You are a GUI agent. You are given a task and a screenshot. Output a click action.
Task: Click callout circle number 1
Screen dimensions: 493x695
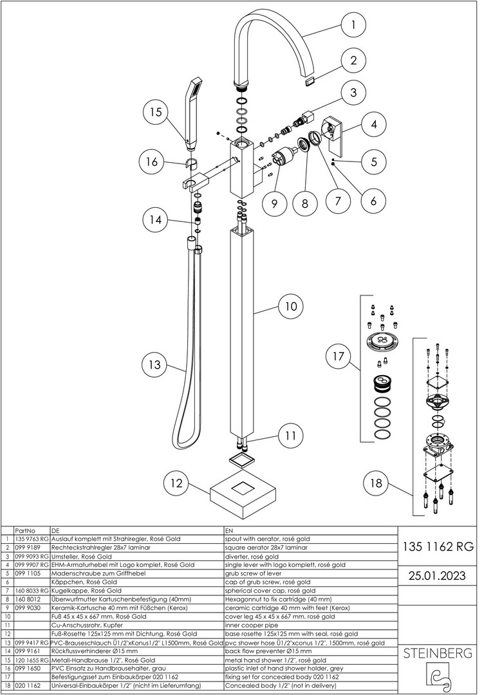tap(353, 24)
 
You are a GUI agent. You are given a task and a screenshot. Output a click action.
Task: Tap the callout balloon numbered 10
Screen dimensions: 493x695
tap(291, 306)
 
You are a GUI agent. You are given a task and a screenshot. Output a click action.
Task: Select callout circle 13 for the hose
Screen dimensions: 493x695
tap(154, 366)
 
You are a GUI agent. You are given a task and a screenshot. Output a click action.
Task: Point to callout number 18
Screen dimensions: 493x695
tap(376, 483)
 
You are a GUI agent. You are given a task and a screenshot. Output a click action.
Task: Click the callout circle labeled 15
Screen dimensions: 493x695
tap(156, 112)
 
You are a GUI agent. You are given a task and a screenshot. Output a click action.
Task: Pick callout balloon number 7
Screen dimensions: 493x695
tap(338, 201)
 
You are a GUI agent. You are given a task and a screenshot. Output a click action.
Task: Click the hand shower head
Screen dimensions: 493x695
tap(192, 113)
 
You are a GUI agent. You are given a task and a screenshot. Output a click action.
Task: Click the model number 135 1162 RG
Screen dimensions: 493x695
tap(438, 546)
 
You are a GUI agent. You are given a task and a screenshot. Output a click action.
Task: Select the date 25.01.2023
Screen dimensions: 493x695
tap(438, 576)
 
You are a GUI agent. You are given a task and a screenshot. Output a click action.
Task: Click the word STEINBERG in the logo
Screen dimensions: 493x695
tap(438, 653)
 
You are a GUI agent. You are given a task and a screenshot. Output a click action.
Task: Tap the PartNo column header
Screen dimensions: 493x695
tap(25, 530)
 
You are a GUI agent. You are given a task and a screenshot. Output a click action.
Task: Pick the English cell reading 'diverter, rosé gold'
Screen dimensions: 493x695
tap(252, 556)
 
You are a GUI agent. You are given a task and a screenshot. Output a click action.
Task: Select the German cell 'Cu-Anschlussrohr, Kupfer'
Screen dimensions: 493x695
tap(87, 625)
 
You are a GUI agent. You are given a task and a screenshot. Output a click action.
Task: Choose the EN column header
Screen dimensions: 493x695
tap(228, 530)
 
